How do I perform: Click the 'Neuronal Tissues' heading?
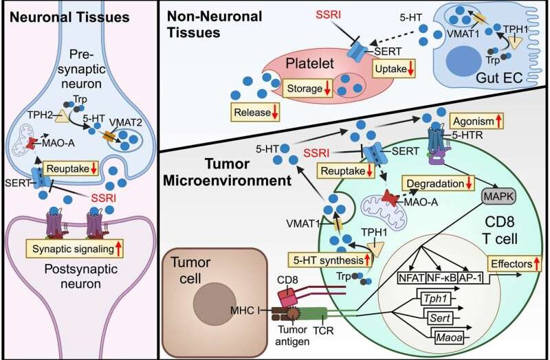click(69, 17)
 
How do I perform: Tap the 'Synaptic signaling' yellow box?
click(75, 249)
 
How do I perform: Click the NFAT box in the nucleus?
click(412, 278)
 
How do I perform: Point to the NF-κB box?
click(442, 278)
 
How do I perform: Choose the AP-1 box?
click(470, 278)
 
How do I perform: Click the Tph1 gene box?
click(435, 299)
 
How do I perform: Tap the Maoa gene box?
click(450, 338)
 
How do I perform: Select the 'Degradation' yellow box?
click(439, 183)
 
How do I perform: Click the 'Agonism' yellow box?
click(477, 122)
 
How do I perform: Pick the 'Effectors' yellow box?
click(514, 264)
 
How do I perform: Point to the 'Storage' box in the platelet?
click(308, 89)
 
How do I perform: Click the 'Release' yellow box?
click(255, 113)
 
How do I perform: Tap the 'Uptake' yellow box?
click(394, 69)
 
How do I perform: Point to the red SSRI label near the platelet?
click(329, 15)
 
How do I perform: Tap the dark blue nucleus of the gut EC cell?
click(463, 60)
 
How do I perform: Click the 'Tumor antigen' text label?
click(292, 335)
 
